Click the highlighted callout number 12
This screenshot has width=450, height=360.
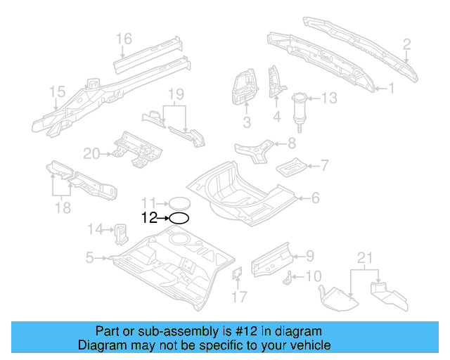pyautogui.click(x=149, y=218)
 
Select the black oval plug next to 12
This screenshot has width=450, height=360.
pyautogui.click(x=179, y=218)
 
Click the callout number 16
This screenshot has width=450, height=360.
pyautogui.click(x=124, y=38)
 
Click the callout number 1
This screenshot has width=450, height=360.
pyautogui.click(x=393, y=89)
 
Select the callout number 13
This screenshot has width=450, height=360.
pyautogui.click(x=330, y=98)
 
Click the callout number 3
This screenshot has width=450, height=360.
pyautogui.click(x=247, y=124)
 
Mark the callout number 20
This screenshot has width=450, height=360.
pyautogui.click(x=92, y=153)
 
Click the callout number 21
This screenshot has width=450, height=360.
pyautogui.click(x=364, y=259)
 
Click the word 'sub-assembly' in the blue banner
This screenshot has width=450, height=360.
pyautogui.click(x=176, y=331)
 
